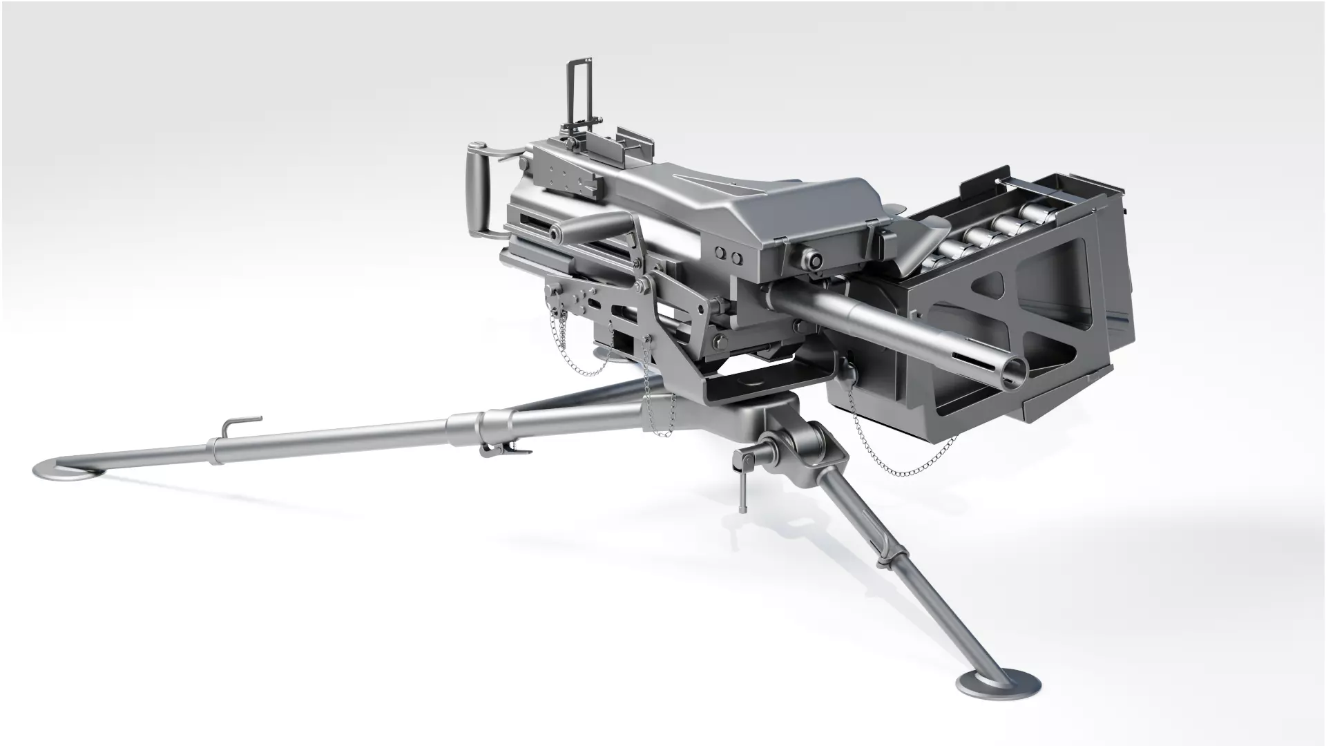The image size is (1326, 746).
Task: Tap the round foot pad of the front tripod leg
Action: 998,685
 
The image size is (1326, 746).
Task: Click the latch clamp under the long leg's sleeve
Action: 501,449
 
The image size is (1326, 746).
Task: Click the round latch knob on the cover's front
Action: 814,260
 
